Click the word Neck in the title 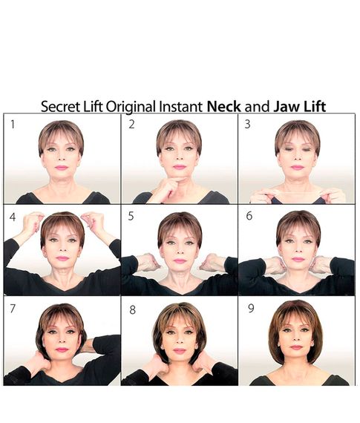click(x=223, y=106)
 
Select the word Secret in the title click(x=60, y=106)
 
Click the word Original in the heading click(x=131, y=107)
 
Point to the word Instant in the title click(x=180, y=106)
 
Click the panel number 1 click(x=13, y=125)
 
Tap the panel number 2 click(x=131, y=125)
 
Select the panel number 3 click(x=247, y=124)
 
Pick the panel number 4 click(x=13, y=217)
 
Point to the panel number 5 click(x=131, y=216)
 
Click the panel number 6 click(x=249, y=216)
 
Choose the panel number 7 click(x=13, y=309)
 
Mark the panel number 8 click(x=132, y=309)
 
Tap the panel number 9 click(x=251, y=308)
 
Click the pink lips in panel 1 click(x=62, y=168)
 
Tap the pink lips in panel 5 click(x=180, y=261)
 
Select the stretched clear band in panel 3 click(x=297, y=193)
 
